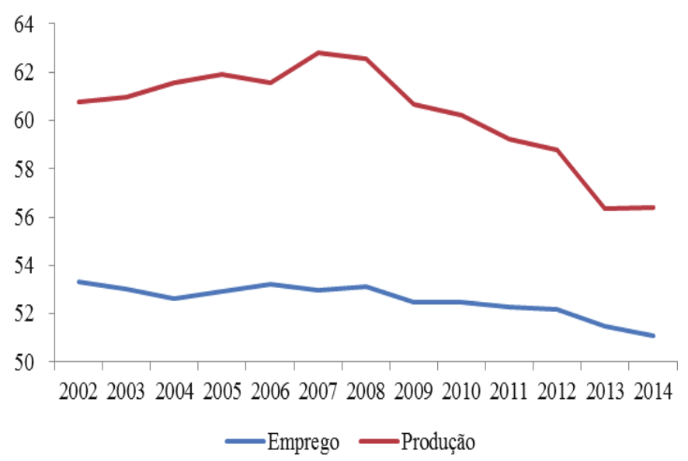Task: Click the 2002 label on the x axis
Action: coord(78,390)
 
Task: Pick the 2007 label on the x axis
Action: coord(318,390)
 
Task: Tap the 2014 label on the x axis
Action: coord(652,390)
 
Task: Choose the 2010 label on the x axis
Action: coord(461,390)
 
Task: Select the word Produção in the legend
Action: coord(438,442)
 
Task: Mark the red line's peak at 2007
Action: coord(318,53)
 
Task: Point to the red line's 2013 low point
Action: coord(605,208)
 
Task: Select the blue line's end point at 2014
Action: coord(653,336)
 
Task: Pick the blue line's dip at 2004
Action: coord(175,298)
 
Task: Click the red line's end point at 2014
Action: coord(653,207)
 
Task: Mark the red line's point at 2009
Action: coord(414,104)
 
